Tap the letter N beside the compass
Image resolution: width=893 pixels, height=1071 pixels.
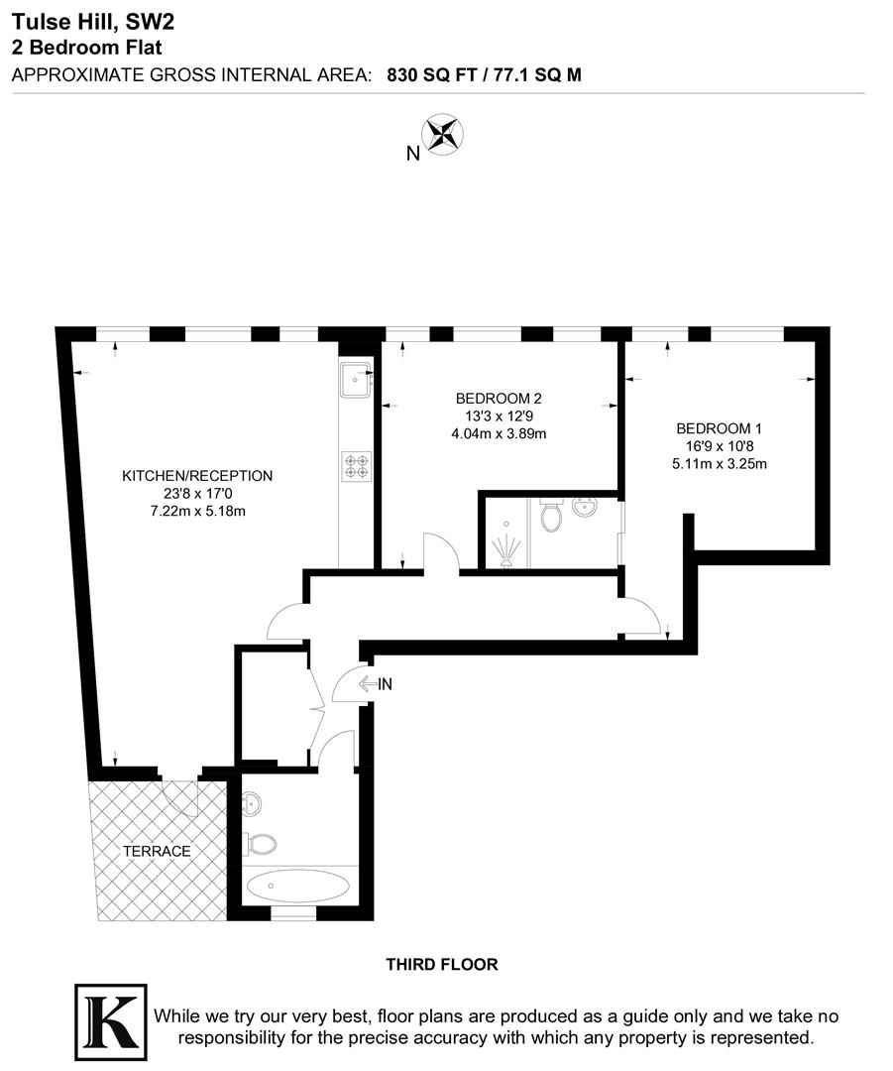412,153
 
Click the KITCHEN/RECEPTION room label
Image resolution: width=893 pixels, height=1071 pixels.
196,476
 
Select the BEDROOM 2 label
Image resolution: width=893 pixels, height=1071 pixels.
499,398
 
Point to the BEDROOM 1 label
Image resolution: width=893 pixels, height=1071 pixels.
719,428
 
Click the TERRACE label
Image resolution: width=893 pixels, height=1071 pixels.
156,851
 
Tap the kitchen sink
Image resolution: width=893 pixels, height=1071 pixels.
354,379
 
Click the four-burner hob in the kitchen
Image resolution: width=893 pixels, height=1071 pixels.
356,465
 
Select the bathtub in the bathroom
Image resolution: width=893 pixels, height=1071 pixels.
296,886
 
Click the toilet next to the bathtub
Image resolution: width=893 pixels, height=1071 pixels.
261,844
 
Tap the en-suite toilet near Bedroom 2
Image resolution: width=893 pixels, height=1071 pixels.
551,515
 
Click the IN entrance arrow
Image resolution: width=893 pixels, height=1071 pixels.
377,683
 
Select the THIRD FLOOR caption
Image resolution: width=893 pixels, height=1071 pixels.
441,964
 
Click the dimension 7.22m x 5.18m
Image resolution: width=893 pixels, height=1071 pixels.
196,512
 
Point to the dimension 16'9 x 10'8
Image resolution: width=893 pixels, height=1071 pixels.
719,446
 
